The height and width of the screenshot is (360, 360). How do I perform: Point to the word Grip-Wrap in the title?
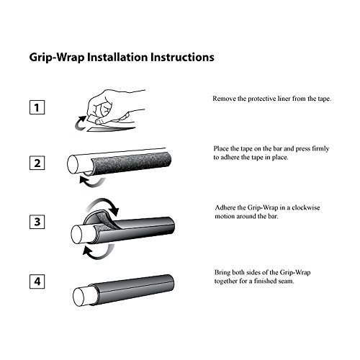pos(52,55)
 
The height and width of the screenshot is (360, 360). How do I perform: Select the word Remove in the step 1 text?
pos(227,99)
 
